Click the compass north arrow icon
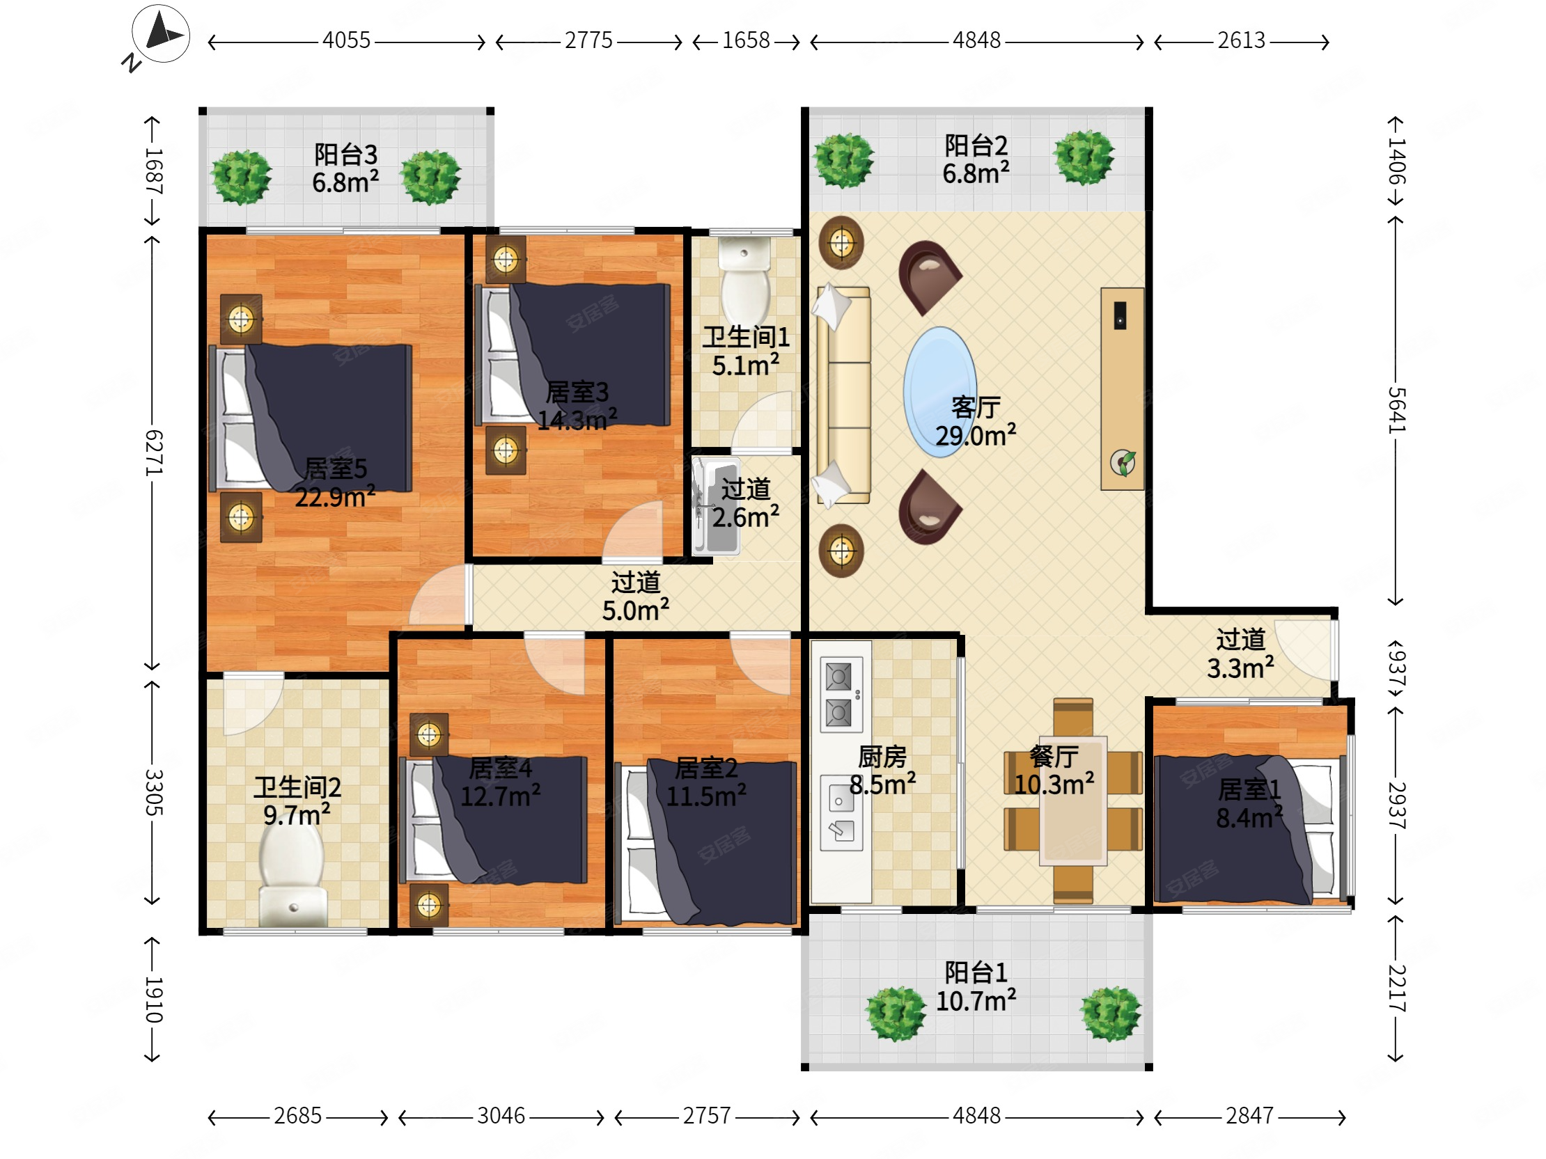click(161, 34)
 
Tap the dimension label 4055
click(346, 40)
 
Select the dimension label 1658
click(746, 40)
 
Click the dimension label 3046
click(501, 1116)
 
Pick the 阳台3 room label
click(345, 155)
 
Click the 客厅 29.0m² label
click(976, 421)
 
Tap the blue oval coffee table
click(939, 392)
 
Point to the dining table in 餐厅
click(1073, 800)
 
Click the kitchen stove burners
click(839, 695)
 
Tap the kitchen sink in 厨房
click(841, 812)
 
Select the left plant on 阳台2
click(843, 160)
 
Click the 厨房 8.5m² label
click(882, 771)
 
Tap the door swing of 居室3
click(632, 531)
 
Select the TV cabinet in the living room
click(1122, 388)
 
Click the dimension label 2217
click(1395, 988)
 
